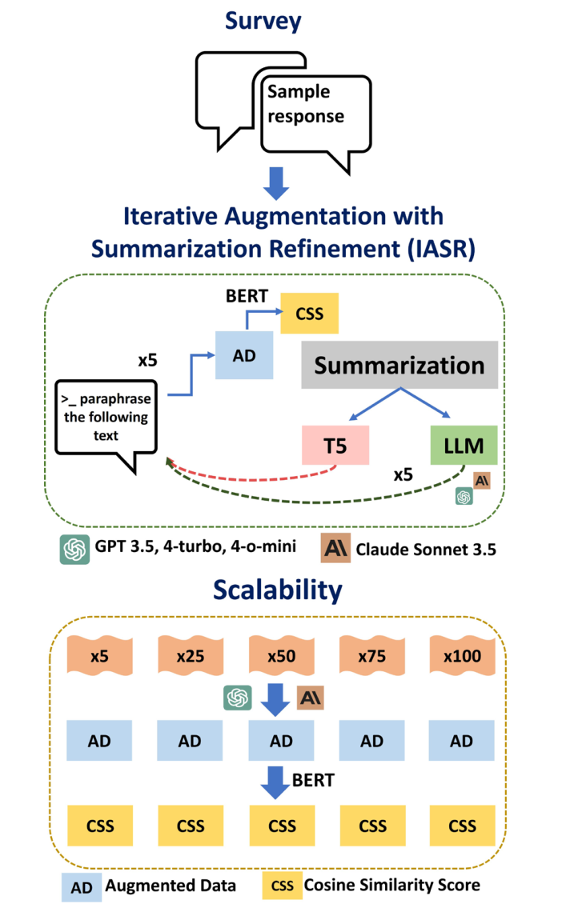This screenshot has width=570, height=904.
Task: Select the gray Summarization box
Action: click(399, 366)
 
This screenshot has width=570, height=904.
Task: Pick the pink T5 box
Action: click(335, 446)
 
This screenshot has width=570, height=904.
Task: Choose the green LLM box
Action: click(464, 446)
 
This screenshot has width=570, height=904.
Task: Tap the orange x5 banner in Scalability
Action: click(99, 655)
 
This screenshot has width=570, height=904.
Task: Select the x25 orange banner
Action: click(191, 655)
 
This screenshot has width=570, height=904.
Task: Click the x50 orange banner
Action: click(281, 655)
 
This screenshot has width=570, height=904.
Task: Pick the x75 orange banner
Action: click(371, 655)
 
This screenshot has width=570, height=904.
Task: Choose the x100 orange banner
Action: click(462, 655)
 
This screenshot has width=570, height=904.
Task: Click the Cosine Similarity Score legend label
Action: click(391, 885)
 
